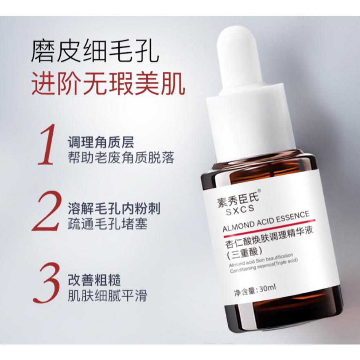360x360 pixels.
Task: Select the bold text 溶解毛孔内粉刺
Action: pos(113,209)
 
